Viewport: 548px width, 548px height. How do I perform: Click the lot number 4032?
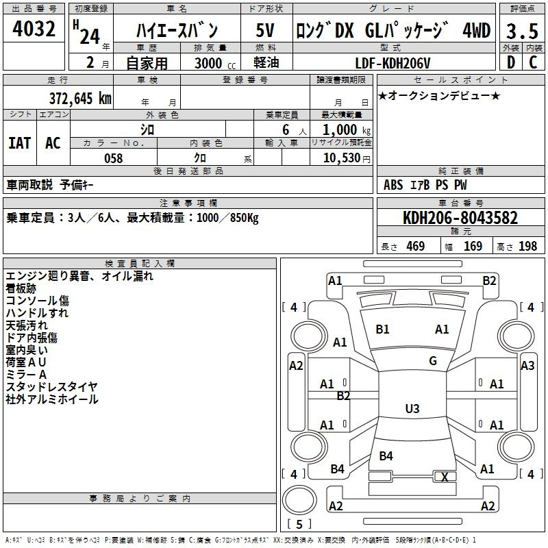tap(34, 29)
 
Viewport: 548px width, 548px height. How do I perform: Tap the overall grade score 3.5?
tap(522, 31)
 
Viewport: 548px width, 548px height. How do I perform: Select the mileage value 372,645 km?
tap(80, 98)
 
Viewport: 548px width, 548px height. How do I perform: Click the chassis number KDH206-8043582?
tap(460, 218)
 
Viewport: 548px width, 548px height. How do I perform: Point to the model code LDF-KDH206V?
tap(393, 63)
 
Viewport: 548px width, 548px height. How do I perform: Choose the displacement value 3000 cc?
tap(215, 63)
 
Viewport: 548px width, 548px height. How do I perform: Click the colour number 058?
tap(114, 158)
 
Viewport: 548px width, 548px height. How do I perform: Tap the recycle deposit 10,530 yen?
tap(347, 158)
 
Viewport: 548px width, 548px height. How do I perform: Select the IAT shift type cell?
tap(20, 143)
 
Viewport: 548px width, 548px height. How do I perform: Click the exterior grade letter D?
tap(511, 62)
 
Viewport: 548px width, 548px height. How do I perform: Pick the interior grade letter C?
tap(533, 62)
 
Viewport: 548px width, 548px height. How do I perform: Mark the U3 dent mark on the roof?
tap(412, 408)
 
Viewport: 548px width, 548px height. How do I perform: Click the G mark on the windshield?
tap(433, 361)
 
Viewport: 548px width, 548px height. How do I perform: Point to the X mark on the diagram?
tap(445, 477)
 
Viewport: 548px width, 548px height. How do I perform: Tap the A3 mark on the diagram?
tap(527, 366)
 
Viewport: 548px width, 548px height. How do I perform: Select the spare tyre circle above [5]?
tap(299, 500)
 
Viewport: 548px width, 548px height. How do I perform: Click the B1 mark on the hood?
tap(382, 329)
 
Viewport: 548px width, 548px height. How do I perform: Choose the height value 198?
tap(527, 246)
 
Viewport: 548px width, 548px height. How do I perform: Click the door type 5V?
tap(265, 30)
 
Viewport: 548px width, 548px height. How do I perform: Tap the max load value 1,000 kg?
tap(346, 130)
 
